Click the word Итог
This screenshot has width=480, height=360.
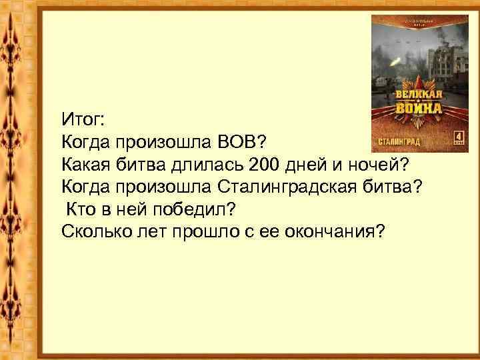81,120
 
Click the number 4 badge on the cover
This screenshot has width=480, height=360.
458,137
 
